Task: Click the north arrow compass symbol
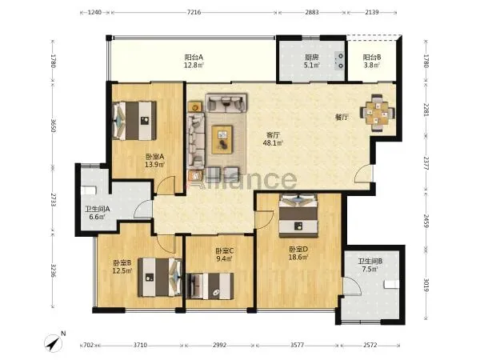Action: click(x=54, y=343)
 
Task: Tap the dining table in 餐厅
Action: click(x=377, y=114)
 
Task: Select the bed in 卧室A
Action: click(x=134, y=121)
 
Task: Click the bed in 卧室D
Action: click(x=298, y=215)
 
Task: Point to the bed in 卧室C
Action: click(x=210, y=286)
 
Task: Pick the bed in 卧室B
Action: click(x=160, y=278)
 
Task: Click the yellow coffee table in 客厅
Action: click(x=222, y=139)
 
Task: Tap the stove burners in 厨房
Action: click(x=340, y=61)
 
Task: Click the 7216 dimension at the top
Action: click(x=194, y=13)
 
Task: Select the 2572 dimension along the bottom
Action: click(x=370, y=345)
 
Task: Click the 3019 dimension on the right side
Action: click(x=426, y=284)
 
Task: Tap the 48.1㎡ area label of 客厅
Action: click(x=273, y=142)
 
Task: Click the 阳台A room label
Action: click(x=194, y=58)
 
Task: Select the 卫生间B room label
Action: click(x=370, y=262)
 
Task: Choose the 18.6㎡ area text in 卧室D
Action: click(x=298, y=257)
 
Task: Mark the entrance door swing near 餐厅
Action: click(x=364, y=174)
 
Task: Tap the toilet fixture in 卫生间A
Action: click(x=89, y=190)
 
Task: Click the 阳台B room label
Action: click(x=372, y=58)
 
